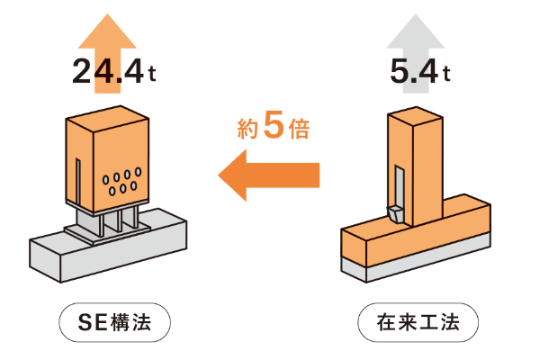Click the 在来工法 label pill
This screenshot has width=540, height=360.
pyautogui.click(x=417, y=321)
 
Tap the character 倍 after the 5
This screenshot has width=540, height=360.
pyautogui.click(x=299, y=130)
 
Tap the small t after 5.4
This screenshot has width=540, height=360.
pyautogui.click(x=445, y=77)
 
